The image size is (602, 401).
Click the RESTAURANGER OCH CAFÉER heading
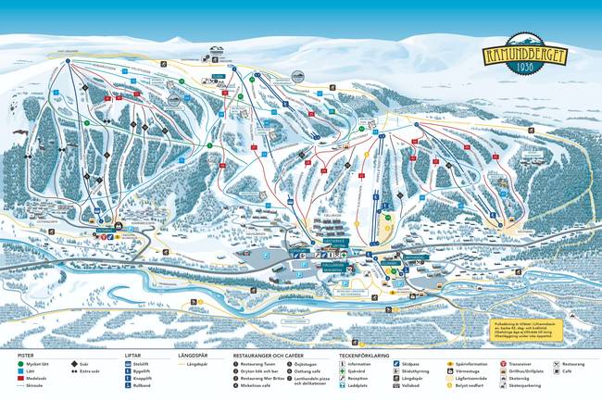tap(268, 355)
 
